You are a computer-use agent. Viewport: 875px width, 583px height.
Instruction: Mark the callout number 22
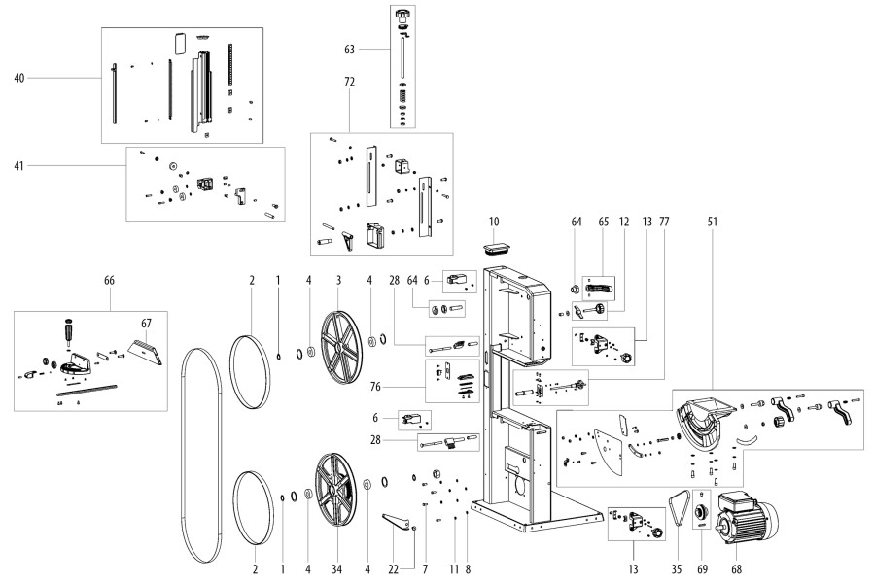point(392,567)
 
